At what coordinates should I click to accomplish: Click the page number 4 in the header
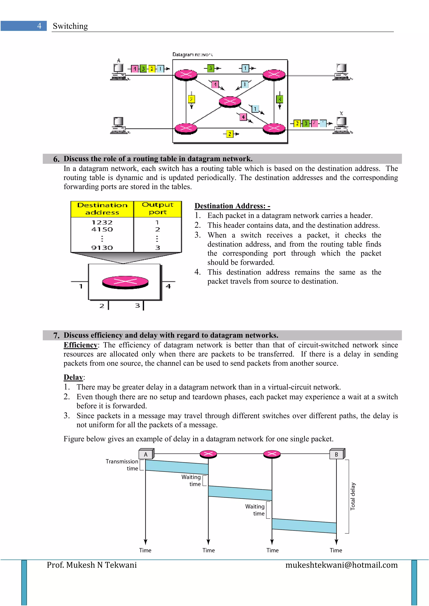(39, 26)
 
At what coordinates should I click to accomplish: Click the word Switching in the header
(70, 26)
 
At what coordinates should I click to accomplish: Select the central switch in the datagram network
(230, 101)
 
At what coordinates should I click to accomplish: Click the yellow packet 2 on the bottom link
(229, 134)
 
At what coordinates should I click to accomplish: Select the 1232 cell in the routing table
(102, 222)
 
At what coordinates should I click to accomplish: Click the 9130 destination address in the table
(102, 248)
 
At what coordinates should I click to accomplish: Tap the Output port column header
(158, 208)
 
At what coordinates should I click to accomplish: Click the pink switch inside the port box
(125, 282)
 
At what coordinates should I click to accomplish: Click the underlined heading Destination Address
(232, 206)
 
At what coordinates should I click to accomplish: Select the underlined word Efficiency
(80, 345)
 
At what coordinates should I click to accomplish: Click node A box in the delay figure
(146, 454)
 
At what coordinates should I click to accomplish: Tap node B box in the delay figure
(337, 454)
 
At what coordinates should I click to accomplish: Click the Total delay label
(353, 496)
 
